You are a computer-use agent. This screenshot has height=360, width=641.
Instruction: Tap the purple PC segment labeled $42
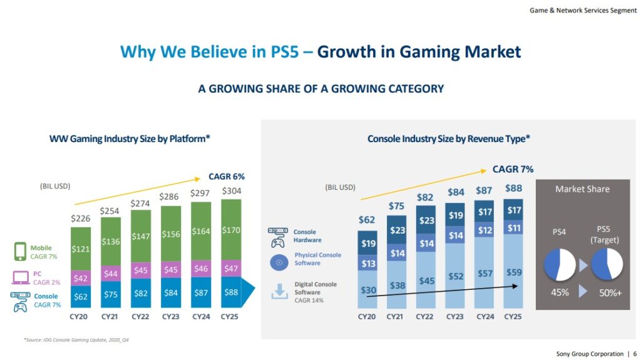80,279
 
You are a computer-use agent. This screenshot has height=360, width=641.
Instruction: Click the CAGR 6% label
227,177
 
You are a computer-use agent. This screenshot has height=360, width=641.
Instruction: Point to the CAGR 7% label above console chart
513,169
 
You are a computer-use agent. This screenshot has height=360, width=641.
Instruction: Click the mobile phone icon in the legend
19,252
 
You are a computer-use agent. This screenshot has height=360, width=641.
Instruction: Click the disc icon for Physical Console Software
277,263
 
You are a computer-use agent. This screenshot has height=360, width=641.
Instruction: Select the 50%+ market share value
609,292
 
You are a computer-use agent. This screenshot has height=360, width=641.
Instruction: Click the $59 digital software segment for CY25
513,272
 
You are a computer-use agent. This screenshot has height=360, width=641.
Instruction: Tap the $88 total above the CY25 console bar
513,188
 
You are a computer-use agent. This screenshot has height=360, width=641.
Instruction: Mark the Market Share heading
582,189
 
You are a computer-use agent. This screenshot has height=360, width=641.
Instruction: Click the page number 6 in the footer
635,354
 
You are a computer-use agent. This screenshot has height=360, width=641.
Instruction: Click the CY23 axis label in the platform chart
171,317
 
